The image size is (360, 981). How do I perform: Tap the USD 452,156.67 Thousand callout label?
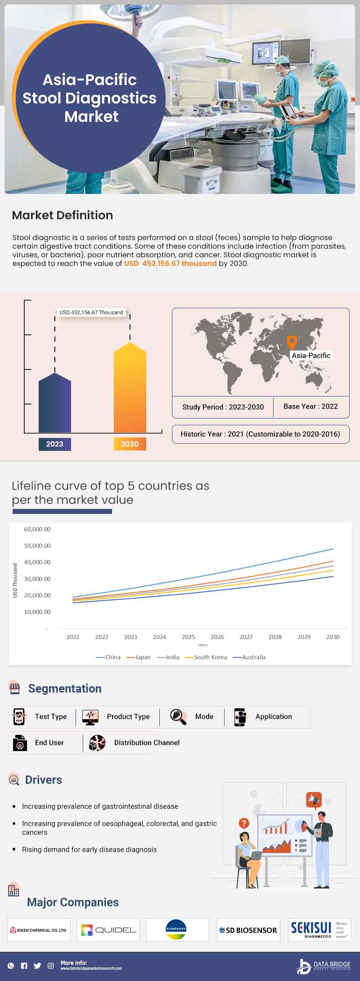tap(91, 312)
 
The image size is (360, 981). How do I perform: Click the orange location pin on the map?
tap(292, 342)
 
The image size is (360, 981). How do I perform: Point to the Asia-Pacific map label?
tap(311, 355)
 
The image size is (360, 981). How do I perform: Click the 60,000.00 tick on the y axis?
tap(37, 529)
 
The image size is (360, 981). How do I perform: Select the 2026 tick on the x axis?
tap(217, 637)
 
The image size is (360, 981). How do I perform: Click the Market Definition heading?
tap(63, 215)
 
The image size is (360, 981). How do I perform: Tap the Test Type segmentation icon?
tap(19, 716)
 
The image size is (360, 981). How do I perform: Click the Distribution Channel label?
tap(147, 742)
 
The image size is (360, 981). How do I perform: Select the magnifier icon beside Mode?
tap(178, 716)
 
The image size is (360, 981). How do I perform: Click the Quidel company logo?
tap(108, 930)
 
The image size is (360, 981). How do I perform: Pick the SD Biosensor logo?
tap(248, 930)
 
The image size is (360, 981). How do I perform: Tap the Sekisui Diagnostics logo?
tap(319, 930)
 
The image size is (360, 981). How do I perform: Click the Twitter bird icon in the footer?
tap(37, 966)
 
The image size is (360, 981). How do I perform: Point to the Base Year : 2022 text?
tap(310, 406)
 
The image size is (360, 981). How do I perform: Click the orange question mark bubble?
tap(244, 823)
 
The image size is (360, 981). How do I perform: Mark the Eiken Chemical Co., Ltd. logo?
tap(39, 930)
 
